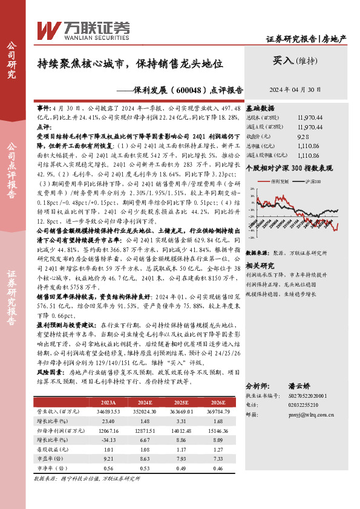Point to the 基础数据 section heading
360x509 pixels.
[260, 108]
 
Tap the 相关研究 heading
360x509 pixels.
[260, 248]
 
